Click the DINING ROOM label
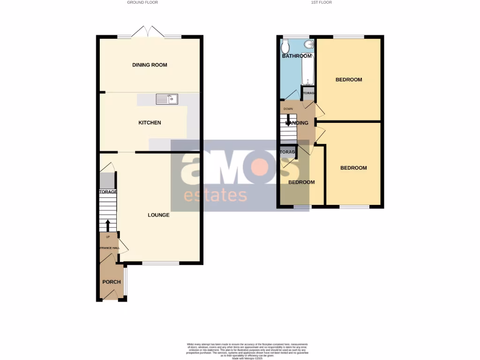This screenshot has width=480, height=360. [150, 65]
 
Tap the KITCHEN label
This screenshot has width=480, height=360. [150, 123]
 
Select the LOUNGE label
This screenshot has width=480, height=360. [158, 215]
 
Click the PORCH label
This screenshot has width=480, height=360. [112, 282]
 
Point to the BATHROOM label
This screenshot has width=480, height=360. [297, 56]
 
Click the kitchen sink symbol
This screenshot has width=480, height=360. [167, 98]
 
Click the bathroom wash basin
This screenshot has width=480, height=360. [309, 45]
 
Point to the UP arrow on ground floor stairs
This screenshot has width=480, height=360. [108, 226]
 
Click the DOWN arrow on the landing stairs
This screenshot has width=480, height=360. [288, 121]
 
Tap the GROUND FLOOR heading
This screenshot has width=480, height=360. [142, 2]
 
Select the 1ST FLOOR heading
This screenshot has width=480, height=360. [322, 2]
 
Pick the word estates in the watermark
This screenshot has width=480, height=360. [215, 195]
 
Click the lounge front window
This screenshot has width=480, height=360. [161, 263]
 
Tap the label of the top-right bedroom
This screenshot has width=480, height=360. [349, 80]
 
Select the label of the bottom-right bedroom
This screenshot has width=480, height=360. [353, 168]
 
